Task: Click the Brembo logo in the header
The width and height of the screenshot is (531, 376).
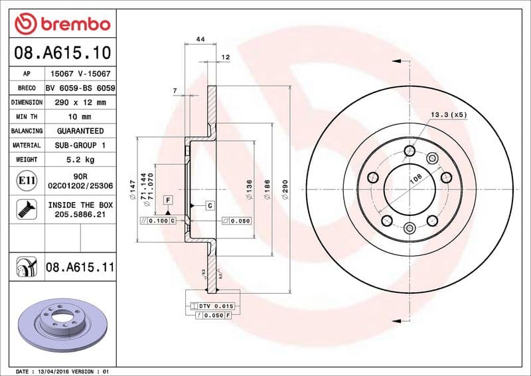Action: click(62, 23)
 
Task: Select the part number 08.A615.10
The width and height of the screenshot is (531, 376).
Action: click(61, 52)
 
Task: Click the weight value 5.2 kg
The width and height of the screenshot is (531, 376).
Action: click(80, 159)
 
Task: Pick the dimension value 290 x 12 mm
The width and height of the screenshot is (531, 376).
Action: click(80, 102)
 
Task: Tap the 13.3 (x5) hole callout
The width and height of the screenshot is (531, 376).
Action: click(449, 115)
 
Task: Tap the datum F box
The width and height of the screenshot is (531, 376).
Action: click(168, 200)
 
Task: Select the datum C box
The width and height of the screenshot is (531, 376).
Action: click(209, 205)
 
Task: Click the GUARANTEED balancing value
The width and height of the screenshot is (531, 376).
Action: click(80, 131)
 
